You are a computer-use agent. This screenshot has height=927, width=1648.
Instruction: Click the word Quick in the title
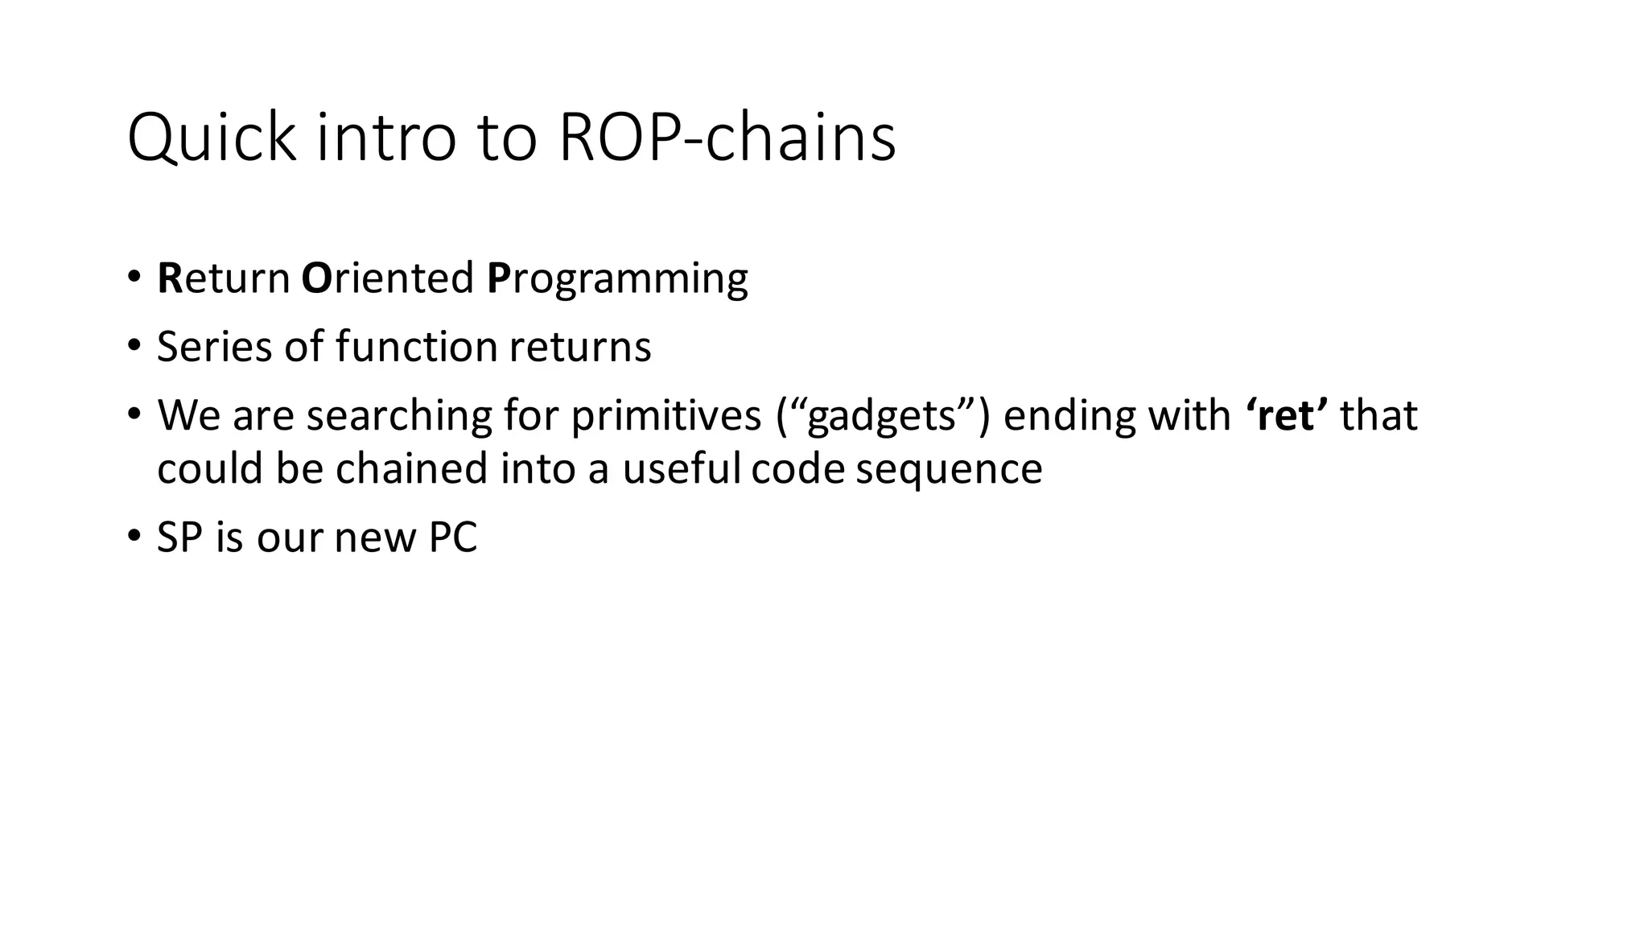(212, 138)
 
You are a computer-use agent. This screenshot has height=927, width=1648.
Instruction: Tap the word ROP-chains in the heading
(727, 138)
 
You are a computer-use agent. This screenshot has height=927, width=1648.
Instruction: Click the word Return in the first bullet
(224, 278)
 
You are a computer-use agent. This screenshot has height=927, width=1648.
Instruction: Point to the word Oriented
(387, 278)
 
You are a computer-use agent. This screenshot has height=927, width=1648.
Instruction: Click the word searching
(398, 416)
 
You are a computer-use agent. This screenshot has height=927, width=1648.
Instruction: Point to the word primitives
(666, 416)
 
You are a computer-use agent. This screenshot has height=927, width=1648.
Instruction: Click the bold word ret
(1287, 416)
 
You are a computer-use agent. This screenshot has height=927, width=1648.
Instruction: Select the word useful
(681, 468)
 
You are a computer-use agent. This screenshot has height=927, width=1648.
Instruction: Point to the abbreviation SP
(179, 538)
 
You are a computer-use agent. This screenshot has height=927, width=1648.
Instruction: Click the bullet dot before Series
(133, 347)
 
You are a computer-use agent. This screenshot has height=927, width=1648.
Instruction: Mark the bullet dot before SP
(133, 537)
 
